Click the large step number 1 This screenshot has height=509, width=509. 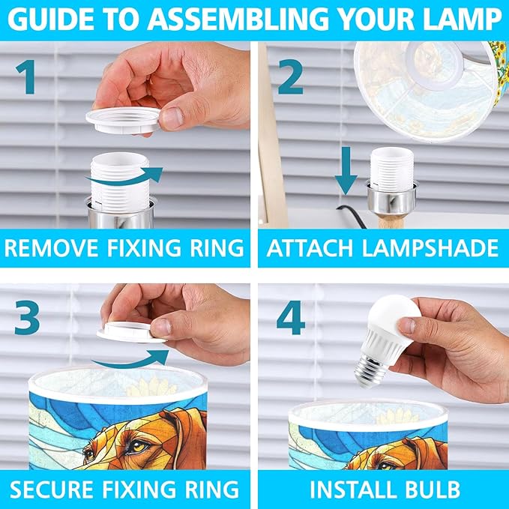(26, 77)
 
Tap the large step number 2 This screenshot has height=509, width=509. (290, 77)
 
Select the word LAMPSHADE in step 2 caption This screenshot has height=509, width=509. (430, 248)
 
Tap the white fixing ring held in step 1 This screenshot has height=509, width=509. (124, 120)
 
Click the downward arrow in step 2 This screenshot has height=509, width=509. (346, 170)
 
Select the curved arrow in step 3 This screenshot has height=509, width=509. (130, 360)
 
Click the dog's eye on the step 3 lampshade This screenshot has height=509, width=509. (138, 444)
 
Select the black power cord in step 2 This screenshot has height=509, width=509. (352, 216)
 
